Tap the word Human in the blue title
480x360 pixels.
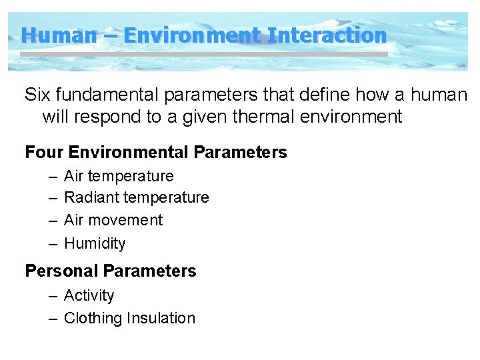[x=59, y=35]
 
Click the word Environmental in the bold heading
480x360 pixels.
[x=127, y=152]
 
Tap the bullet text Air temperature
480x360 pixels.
[x=119, y=176]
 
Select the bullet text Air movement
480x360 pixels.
[x=113, y=220]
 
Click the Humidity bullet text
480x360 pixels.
[x=95, y=243]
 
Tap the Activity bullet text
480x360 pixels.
[x=89, y=295]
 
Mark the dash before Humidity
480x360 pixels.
[x=53, y=243]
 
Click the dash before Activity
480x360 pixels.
[x=53, y=295]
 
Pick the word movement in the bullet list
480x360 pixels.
[x=125, y=220]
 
